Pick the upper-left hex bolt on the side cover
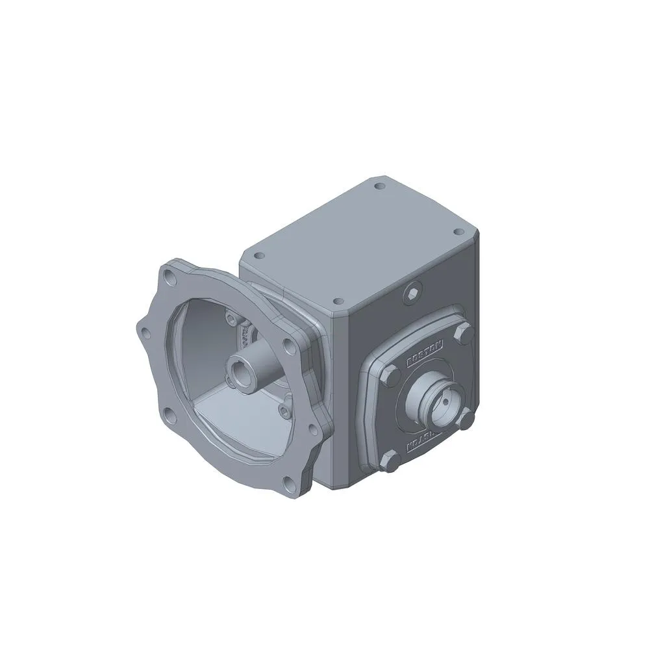click(x=390, y=376)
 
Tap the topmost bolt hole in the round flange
click(x=171, y=280)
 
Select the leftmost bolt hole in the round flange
click(x=146, y=334)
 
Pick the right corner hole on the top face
click(x=458, y=231)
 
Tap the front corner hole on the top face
click(x=337, y=301)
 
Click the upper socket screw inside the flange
click(x=230, y=318)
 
